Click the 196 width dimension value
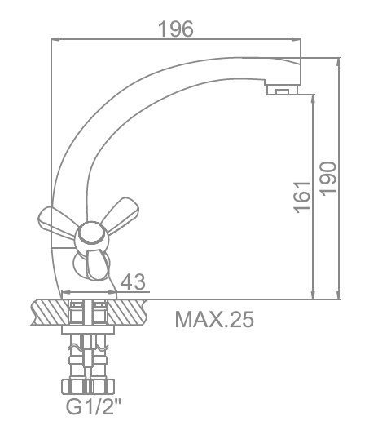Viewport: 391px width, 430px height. coord(176,29)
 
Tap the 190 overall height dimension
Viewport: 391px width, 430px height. coord(328,179)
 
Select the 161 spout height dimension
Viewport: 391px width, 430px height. coord(301,197)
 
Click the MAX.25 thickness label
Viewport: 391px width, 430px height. coord(214,320)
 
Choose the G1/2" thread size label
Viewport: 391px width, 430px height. coord(94,407)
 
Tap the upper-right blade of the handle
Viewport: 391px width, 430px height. coord(120,214)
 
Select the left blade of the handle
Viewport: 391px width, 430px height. coord(56,222)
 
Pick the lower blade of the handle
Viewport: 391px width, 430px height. coord(97,264)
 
